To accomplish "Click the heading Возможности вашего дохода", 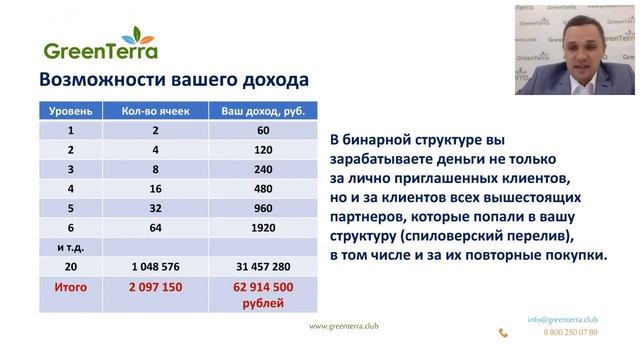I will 173,80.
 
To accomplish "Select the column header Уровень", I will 70,110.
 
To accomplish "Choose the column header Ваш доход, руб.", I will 264,110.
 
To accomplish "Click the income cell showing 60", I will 264,130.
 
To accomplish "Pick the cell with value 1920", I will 264,227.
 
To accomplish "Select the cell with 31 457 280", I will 264,267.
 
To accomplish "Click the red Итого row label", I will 70,287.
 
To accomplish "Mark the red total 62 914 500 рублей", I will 264,295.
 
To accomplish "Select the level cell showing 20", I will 70,267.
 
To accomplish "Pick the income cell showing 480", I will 264,188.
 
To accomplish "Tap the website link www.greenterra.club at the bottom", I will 344,326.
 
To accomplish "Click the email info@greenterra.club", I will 562,319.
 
